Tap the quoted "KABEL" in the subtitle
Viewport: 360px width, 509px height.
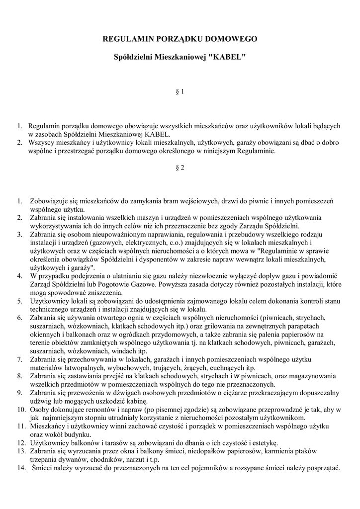point(227,58)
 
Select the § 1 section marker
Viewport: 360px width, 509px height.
point(180,91)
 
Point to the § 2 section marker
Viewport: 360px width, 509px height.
point(180,168)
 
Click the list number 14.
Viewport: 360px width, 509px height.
point(20,468)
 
